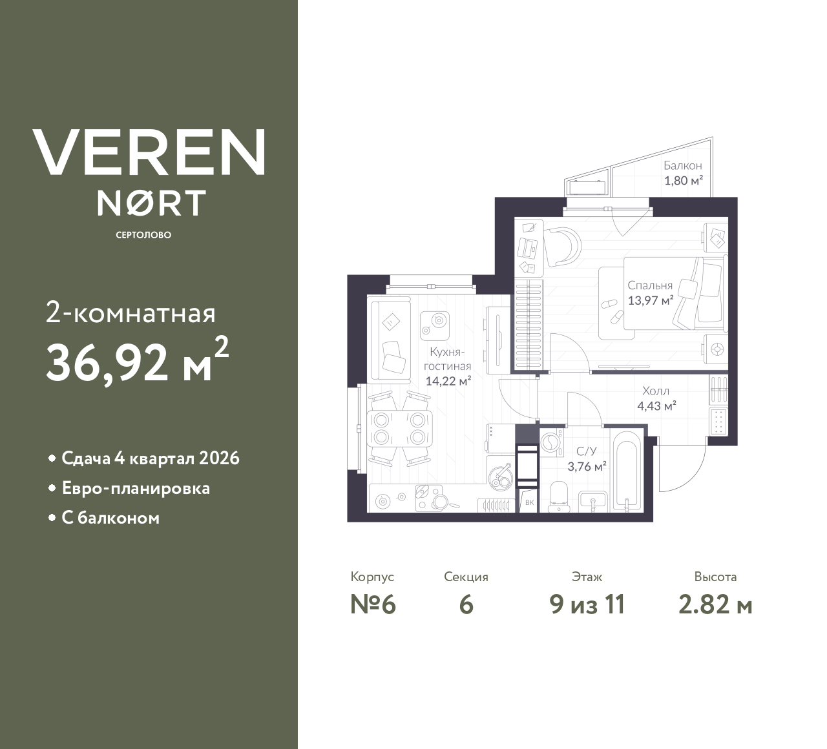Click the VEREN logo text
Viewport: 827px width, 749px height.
[149, 152]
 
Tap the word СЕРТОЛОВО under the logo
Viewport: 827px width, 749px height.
[143, 235]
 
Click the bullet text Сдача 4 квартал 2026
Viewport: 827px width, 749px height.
[151, 458]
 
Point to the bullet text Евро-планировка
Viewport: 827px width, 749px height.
[136, 488]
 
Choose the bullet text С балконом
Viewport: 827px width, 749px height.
[110, 518]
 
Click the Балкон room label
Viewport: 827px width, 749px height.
[682, 166]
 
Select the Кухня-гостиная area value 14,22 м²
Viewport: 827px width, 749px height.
[448, 381]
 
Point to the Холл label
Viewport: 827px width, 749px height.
[656, 391]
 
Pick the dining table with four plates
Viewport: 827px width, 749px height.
[399, 428]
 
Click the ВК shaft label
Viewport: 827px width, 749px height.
[529, 502]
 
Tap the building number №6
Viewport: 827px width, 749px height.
[372, 605]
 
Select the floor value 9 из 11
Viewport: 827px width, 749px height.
[587, 605]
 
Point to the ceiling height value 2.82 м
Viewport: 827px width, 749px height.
[715, 605]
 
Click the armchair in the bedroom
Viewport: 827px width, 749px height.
[562, 247]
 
